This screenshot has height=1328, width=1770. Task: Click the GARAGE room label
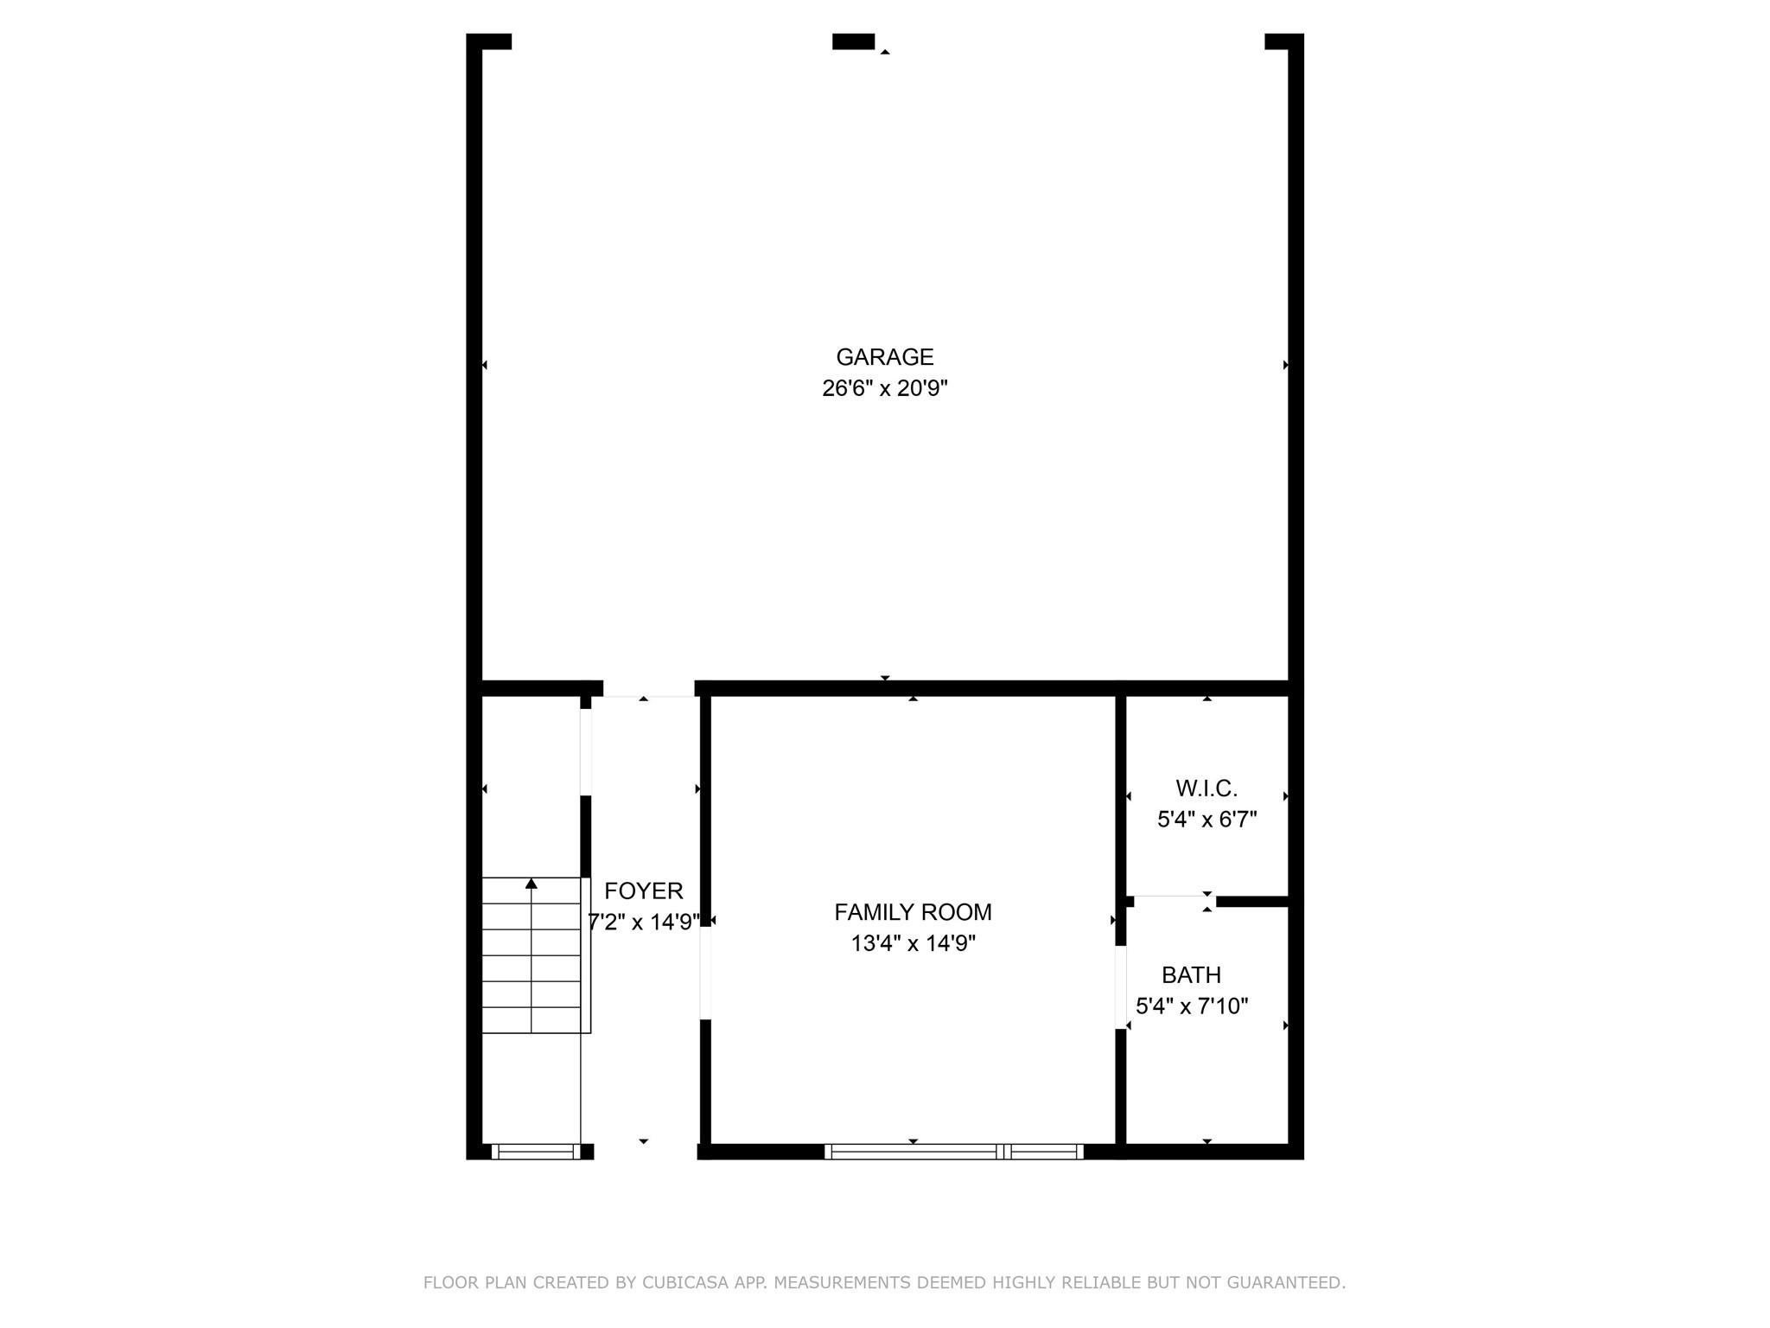[x=884, y=357]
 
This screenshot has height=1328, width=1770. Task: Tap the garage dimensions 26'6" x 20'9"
[x=884, y=388]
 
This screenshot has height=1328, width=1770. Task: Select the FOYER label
[x=643, y=891]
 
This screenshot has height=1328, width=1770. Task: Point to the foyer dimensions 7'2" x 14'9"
[x=643, y=923]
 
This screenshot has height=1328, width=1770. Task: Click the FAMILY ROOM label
[x=913, y=912]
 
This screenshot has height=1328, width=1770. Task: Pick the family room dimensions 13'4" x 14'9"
[x=913, y=943]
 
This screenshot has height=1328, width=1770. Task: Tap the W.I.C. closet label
[x=1207, y=788]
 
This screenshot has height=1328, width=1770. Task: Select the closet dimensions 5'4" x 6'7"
[x=1207, y=820]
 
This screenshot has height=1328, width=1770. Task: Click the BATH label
[x=1191, y=975]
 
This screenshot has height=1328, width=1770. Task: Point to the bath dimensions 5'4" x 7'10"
[x=1192, y=1006]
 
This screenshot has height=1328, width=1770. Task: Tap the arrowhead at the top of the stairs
[x=532, y=883]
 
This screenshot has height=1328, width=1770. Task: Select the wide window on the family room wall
[x=953, y=1152]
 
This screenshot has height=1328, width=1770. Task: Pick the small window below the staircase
[x=536, y=1152]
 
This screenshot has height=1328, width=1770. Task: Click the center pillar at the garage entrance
[x=853, y=41]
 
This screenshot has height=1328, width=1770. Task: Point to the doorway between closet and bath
[x=1174, y=901]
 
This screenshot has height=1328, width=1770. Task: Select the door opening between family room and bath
[x=1121, y=987]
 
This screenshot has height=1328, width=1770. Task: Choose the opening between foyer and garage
[x=648, y=689]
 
